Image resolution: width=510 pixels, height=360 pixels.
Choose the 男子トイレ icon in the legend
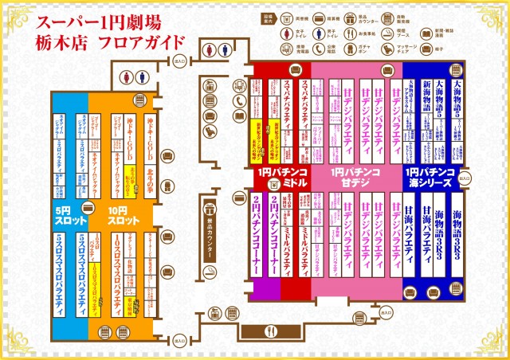point(319,33)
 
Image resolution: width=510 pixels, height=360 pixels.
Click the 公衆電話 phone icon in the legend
point(319,49)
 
